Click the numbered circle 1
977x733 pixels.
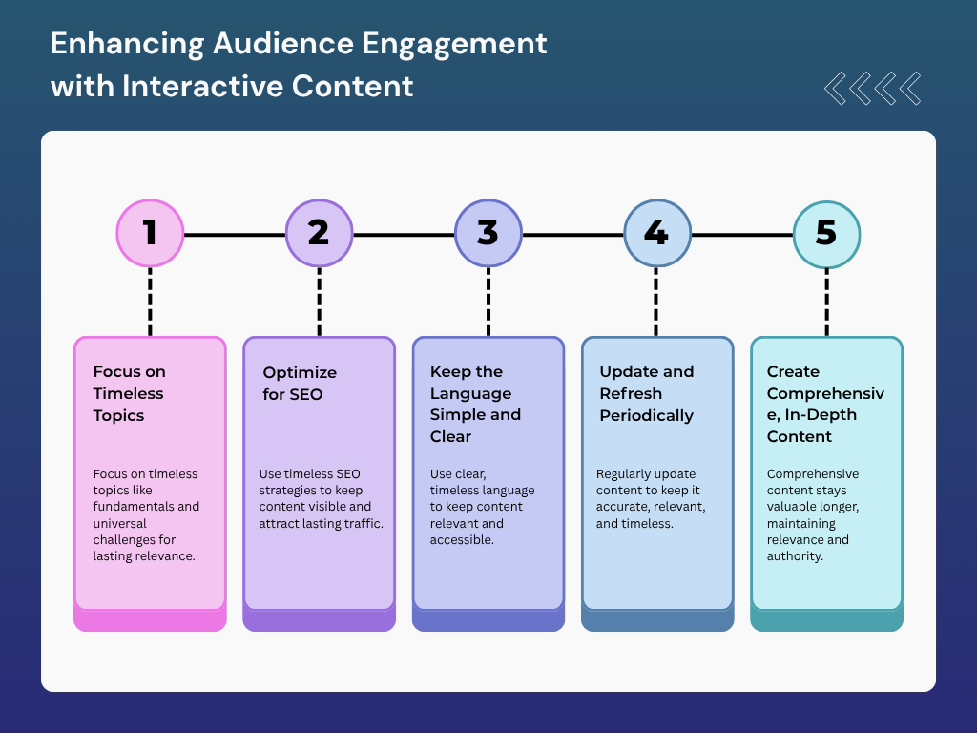[150, 234]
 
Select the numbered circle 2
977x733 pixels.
[319, 234]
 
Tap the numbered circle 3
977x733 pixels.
[488, 234]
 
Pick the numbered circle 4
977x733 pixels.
[656, 234]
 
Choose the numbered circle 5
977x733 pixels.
[826, 234]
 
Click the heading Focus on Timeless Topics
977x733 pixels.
[129, 393]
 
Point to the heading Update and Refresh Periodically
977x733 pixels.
[646, 393]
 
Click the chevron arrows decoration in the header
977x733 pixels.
[872, 88]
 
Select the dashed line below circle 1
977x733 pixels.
[150, 301]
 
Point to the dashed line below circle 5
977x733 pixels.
[826, 301]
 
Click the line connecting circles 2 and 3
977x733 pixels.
[403, 234]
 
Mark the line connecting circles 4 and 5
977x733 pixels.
[741, 234]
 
